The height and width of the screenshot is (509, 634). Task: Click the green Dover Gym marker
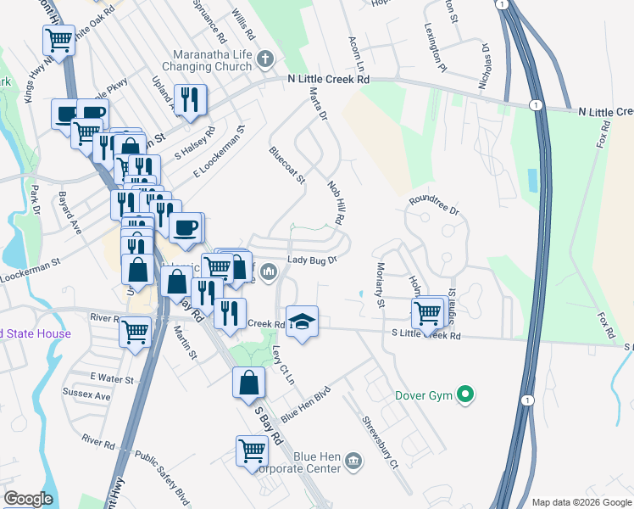tap(464, 394)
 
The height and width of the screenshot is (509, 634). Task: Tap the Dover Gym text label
tap(425, 395)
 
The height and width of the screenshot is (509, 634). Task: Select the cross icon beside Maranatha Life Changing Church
tap(265, 59)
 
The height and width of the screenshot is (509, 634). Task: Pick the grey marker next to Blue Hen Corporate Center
tap(353, 461)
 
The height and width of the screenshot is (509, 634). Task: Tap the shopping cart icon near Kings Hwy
tap(58, 40)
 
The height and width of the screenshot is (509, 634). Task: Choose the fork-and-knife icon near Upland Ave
tap(190, 99)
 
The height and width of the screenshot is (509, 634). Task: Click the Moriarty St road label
tap(379, 286)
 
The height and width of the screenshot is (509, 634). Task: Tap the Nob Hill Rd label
tap(336, 206)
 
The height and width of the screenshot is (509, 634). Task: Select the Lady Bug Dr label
tap(313, 260)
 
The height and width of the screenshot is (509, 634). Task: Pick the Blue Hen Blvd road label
tap(304, 406)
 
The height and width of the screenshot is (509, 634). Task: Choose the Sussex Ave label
tap(86, 395)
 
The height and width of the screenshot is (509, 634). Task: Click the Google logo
tap(28, 499)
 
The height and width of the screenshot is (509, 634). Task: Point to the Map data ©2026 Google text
tap(581, 501)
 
